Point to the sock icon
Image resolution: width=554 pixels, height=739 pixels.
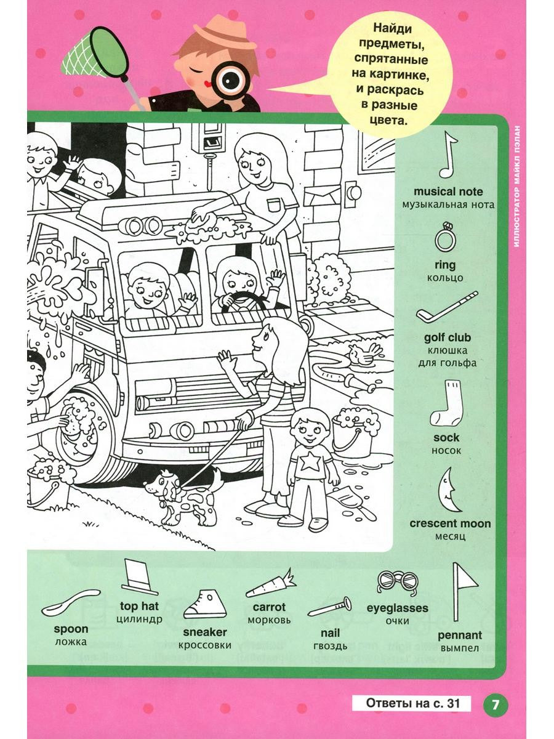coord(448,403)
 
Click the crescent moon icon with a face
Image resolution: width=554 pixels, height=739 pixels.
coord(448,490)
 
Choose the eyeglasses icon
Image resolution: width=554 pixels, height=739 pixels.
coord(397,582)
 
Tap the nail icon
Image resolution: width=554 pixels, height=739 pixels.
coord(330,607)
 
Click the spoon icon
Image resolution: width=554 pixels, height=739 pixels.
coord(70,601)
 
